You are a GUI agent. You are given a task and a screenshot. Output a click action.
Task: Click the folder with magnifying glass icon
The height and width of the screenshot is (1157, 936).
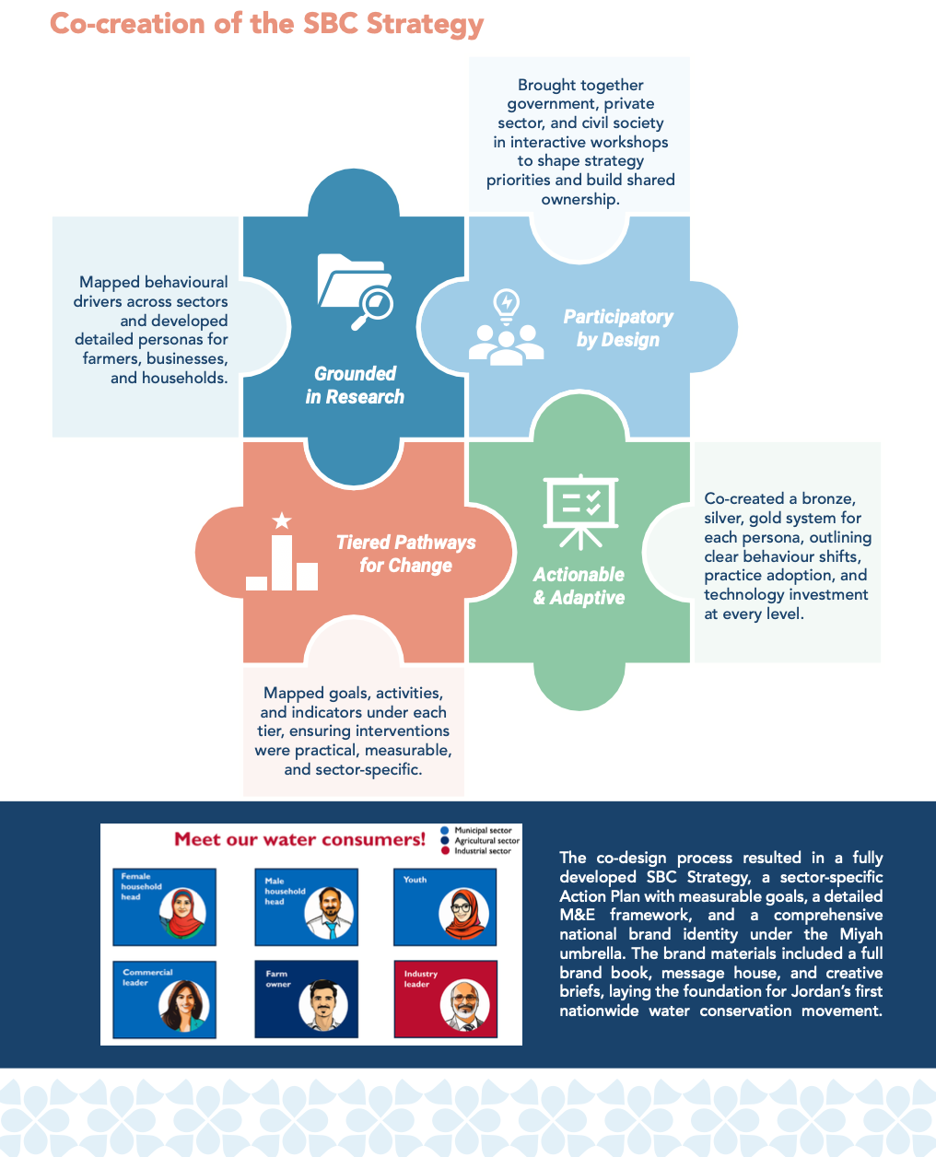tap(355, 290)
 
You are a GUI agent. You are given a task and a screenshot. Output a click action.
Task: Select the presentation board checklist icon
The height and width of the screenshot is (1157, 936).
tap(580, 509)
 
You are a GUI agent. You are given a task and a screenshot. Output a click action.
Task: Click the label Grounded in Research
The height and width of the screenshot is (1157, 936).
tap(355, 385)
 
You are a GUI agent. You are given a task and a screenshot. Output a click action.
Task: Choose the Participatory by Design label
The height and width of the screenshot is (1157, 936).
tap(617, 328)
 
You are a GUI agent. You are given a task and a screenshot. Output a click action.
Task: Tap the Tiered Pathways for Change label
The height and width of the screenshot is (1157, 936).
tap(405, 554)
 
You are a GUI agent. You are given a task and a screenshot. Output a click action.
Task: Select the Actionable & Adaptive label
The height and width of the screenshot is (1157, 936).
tap(579, 586)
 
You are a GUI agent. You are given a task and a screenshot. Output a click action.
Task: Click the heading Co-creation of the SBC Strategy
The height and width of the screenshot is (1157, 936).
tap(266, 24)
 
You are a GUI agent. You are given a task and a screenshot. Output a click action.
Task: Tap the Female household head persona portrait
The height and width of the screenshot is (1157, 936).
tap(182, 913)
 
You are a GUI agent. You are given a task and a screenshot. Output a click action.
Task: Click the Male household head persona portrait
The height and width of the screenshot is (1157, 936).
tap(330, 913)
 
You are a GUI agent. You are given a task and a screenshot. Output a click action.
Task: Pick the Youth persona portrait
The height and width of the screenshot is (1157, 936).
tap(463, 913)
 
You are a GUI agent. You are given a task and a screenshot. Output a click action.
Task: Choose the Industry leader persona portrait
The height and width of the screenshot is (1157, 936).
tap(464, 1005)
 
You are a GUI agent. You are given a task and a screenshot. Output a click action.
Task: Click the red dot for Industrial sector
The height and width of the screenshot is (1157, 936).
tap(445, 851)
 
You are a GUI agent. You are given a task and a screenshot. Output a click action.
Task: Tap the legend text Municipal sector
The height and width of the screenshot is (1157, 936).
tap(483, 830)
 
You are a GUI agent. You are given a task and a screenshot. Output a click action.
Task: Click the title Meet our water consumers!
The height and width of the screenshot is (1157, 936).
tap(300, 839)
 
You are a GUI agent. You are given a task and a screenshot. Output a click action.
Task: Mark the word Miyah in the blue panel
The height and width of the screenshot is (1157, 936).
tap(860, 934)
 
